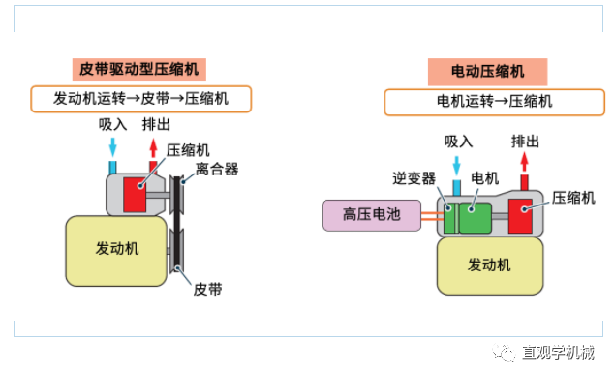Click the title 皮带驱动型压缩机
coord(141,69)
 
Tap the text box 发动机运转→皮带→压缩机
coord(141,98)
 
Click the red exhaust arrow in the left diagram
coord(152,147)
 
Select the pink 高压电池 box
coord(371,215)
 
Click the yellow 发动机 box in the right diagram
coord(489,265)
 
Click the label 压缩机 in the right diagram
coord(572,197)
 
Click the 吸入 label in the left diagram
coord(113,124)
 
